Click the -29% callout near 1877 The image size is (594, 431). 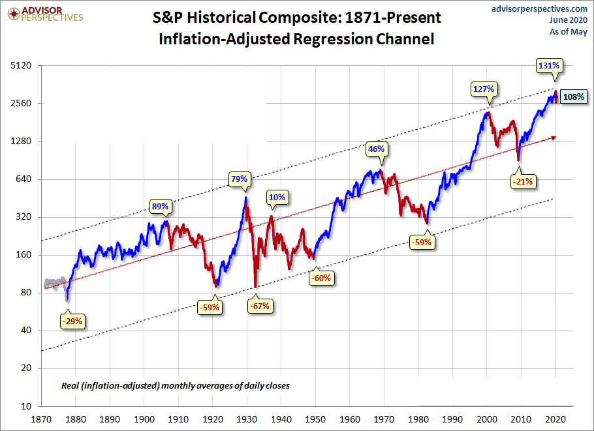click(x=72, y=321)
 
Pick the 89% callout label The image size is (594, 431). click(x=161, y=206)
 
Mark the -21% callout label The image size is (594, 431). click(x=523, y=181)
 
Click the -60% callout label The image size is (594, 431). click(x=322, y=278)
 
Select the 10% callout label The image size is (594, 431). click(x=277, y=197)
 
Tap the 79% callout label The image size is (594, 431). click(x=239, y=179)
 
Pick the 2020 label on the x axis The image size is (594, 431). click(x=555, y=420)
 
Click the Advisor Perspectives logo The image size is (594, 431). click(x=44, y=14)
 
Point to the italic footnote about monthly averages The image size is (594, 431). click(x=175, y=386)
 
